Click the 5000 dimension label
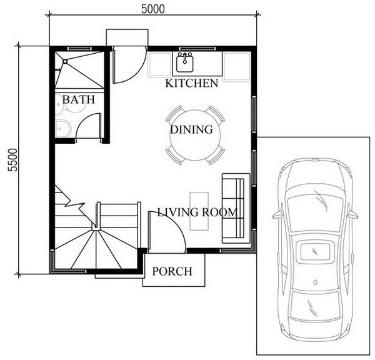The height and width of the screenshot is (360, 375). pyautogui.click(x=153, y=9)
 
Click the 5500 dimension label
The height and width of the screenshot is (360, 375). pyautogui.click(x=12, y=160)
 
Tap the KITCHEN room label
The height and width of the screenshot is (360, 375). pyautogui.click(x=192, y=83)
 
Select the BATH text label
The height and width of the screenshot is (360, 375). pyautogui.click(x=79, y=99)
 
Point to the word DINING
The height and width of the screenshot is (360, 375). pyautogui.click(x=191, y=129)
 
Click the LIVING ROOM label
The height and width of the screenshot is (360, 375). pyautogui.click(x=197, y=212)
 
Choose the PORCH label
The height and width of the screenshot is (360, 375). pyautogui.click(x=172, y=271)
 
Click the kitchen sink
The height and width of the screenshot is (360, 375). pyautogui.click(x=185, y=62)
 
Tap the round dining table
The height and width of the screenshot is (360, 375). pyautogui.click(x=195, y=135)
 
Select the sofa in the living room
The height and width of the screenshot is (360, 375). pyautogui.click(x=236, y=208)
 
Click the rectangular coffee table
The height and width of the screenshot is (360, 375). pyautogui.click(x=199, y=211)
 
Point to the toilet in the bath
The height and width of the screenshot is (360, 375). pyautogui.click(x=63, y=129)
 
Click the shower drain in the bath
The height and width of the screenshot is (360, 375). pyautogui.click(x=65, y=61)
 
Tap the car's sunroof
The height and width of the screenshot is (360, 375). pyautogui.click(x=315, y=252)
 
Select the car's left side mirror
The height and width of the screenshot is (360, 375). pyautogui.click(x=277, y=214)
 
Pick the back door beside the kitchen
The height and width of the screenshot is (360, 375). pyautogui.click(x=129, y=64)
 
